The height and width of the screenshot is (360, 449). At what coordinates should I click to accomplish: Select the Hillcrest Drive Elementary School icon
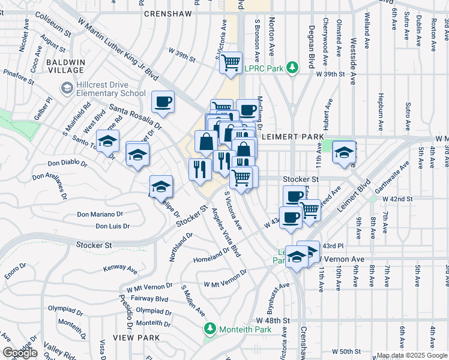66,89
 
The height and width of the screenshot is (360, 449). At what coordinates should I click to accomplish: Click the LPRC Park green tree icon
292,68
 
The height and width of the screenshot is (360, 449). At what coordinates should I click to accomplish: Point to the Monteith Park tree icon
209,328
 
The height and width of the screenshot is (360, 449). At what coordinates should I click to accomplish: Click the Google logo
20,353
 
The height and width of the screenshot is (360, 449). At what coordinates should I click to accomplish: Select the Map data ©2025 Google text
411,355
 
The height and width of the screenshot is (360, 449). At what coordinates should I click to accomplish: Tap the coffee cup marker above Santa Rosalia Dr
163,102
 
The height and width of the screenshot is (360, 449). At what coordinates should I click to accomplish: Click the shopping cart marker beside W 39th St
231,62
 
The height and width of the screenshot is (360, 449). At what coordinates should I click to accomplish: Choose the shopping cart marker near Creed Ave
310,210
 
